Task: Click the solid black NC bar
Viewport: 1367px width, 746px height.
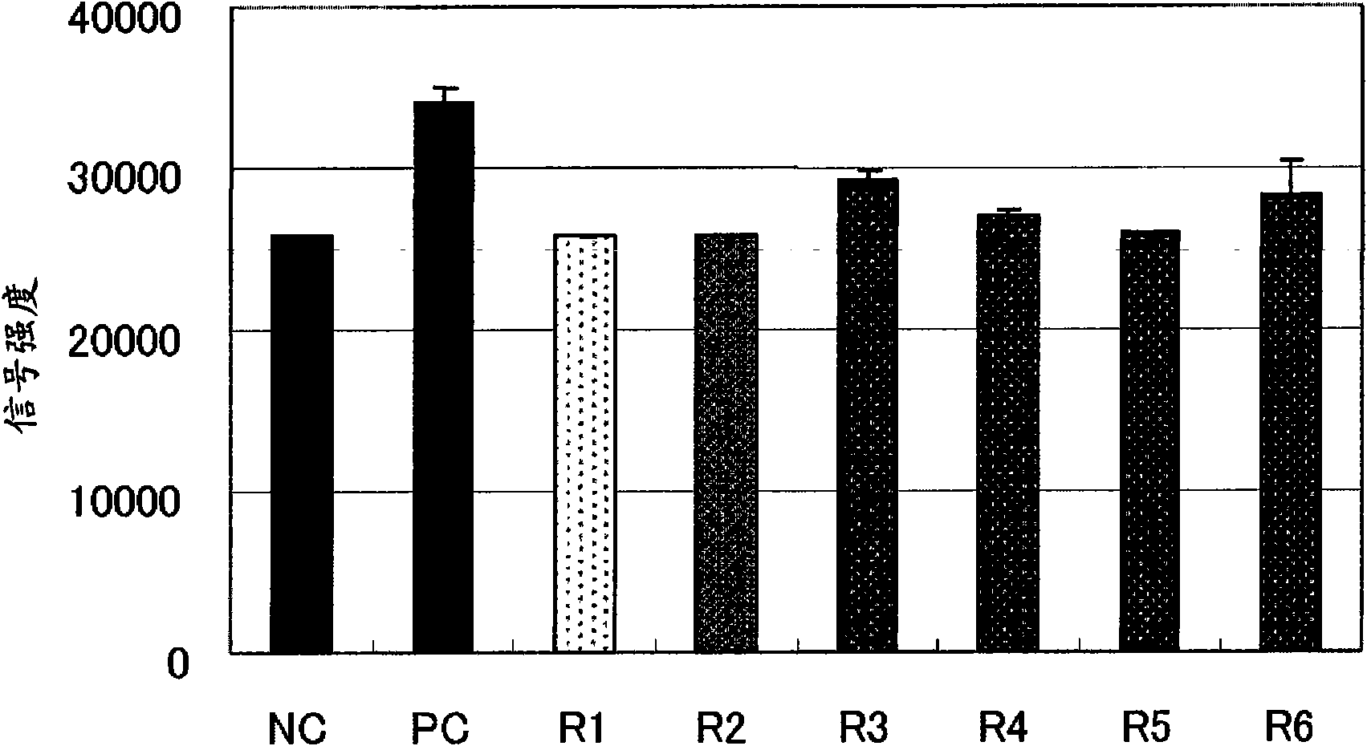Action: (x=302, y=444)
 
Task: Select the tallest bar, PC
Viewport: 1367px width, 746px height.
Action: (x=444, y=377)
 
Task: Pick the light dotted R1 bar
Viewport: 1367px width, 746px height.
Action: (x=584, y=444)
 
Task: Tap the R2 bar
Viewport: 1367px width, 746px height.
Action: (x=726, y=444)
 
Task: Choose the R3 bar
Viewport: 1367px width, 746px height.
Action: (x=867, y=416)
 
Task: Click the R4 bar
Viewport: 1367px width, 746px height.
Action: (x=1008, y=433)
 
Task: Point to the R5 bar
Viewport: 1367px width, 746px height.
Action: (x=1149, y=442)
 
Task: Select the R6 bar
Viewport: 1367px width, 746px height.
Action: (x=1291, y=423)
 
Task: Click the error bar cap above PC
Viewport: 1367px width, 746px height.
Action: (x=445, y=88)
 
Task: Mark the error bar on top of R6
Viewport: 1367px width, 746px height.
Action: (x=1291, y=176)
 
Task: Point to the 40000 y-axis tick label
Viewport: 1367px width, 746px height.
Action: (x=124, y=19)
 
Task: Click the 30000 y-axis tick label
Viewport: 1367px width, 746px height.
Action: (x=124, y=180)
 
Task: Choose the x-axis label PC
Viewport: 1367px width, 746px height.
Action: (x=440, y=727)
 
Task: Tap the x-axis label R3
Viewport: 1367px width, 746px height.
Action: (x=864, y=727)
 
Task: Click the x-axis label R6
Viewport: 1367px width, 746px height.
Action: (x=1288, y=727)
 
